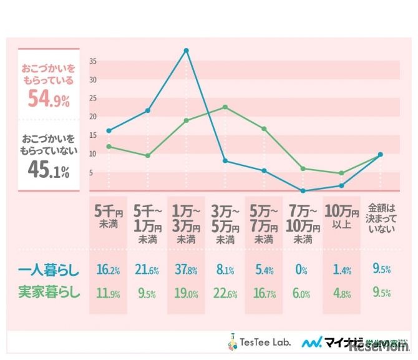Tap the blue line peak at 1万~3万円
[186, 50]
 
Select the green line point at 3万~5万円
[225, 107]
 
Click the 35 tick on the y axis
[92, 61]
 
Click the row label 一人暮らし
[48, 271]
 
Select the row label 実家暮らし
[48, 291]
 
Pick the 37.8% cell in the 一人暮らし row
[186, 270]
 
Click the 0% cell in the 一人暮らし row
[302, 270]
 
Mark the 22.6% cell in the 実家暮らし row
[225, 291]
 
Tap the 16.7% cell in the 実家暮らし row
[264, 291]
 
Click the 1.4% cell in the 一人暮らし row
[341, 270]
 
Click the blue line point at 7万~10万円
[303, 190]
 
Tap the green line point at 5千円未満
[109, 147]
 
